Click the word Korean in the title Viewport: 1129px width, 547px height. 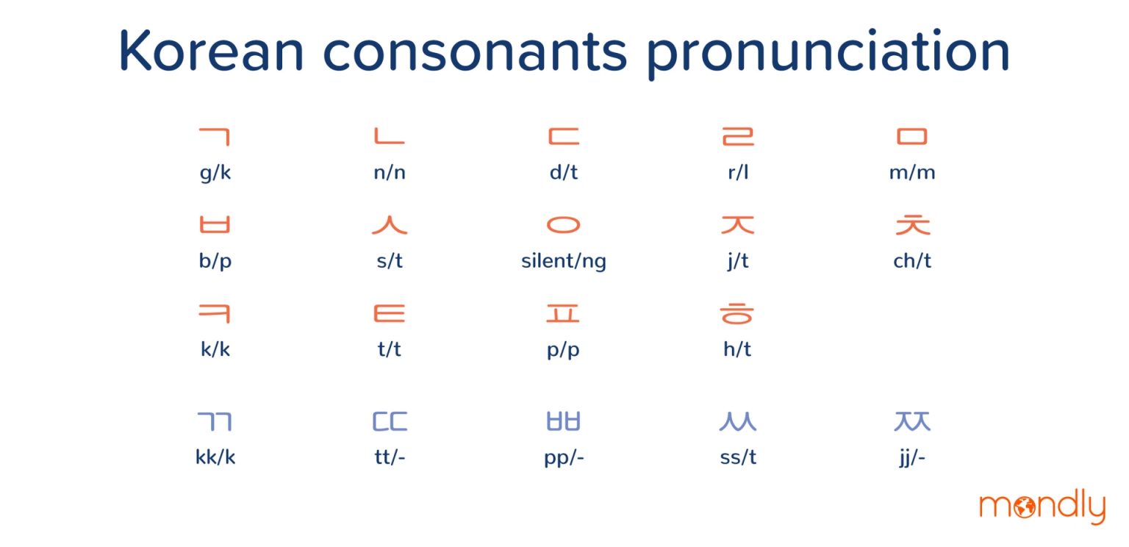211,51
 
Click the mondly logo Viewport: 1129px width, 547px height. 1042,507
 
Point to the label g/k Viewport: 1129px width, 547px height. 215,174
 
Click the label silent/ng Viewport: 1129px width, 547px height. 564,262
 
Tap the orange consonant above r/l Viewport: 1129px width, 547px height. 738,137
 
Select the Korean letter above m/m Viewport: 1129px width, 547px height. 912,137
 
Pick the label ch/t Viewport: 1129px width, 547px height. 912,261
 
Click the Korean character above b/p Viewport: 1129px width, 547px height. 215,224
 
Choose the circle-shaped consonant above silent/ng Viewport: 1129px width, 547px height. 564,224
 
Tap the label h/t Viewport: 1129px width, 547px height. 737,349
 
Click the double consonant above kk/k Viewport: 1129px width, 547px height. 215,422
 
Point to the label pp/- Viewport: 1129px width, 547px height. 564,458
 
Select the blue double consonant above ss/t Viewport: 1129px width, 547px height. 737,422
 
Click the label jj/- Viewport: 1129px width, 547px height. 912,458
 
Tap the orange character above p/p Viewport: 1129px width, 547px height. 564,314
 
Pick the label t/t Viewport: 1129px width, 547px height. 390,349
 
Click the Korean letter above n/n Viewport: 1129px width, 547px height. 389,137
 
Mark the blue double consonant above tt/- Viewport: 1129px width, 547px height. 390,422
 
